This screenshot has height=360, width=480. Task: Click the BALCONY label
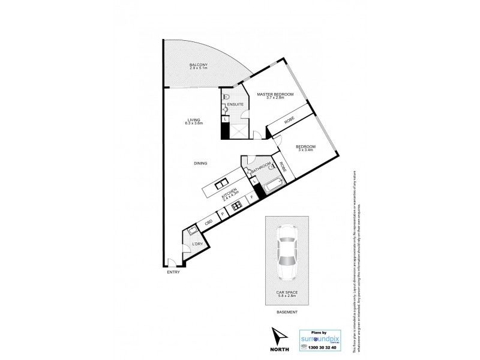199,66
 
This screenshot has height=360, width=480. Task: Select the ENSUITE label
235,104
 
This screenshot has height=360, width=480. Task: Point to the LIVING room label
195,122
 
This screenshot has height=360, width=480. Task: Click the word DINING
200,163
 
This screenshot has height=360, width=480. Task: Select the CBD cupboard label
209,223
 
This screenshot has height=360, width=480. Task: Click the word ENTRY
173,272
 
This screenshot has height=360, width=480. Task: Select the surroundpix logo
325,337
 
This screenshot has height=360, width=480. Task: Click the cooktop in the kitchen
236,206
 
